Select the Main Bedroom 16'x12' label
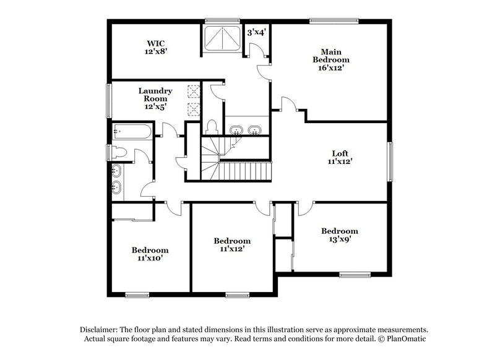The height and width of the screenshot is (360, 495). click(331, 60)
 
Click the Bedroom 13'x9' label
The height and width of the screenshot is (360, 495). click(339, 235)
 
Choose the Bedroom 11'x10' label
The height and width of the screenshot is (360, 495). click(150, 254)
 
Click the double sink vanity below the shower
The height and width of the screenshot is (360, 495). click(245, 131)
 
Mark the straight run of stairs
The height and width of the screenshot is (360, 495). click(246, 170)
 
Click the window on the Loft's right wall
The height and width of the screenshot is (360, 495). click(390, 160)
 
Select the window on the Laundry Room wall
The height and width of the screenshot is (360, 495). click(110, 100)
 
